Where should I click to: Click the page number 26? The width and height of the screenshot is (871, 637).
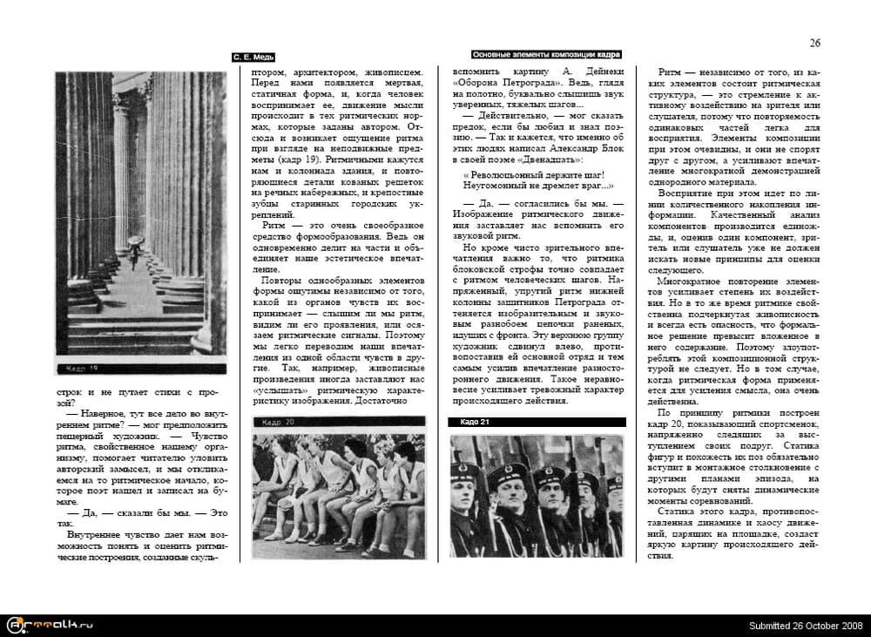(815, 43)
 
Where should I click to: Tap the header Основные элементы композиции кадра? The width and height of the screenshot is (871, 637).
(546, 54)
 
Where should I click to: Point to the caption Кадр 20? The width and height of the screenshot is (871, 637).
(271, 423)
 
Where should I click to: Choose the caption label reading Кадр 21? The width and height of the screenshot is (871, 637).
(475, 423)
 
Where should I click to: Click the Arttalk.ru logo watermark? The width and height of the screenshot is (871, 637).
(49, 624)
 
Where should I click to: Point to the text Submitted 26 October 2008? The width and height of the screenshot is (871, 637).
(805, 626)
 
